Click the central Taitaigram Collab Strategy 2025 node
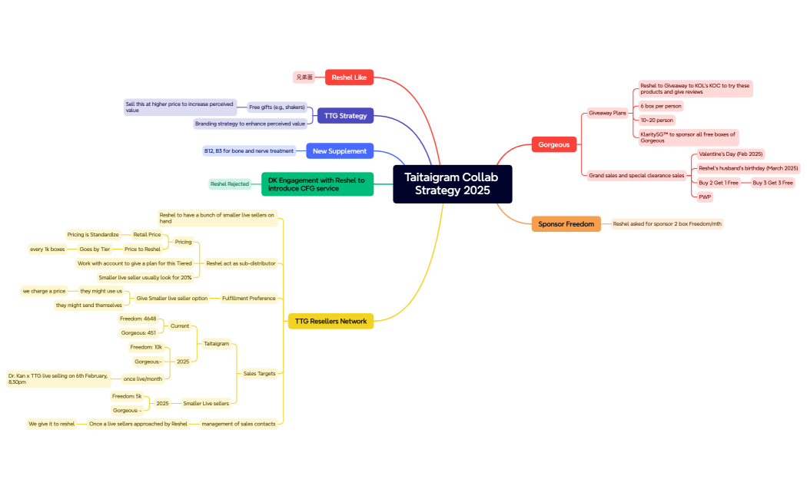pyautogui.click(x=452, y=184)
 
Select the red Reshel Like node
pyautogui.click(x=349, y=78)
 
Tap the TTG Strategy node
pyautogui.click(x=345, y=116)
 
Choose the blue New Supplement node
pyautogui.click(x=340, y=151)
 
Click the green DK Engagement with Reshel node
pyautogui.click(x=317, y=184)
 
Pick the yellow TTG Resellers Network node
pyautogui.click(x=330, y=321)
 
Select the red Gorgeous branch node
pyautogui.click(x=553, y=144)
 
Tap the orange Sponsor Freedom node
pyautogui.click(x=566, y=223)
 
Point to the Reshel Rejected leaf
pyautogui.click(x=230, y=184)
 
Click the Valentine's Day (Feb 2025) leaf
pyautogui.click(x=730, y=154)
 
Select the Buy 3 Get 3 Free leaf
pyautogui.click(x=772, y=183)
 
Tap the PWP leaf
pyautogui.click(x=705, y=197)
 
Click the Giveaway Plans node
pyautogui.click(x=607, y=113)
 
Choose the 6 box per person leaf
pyautogui.click(x=661, y=106)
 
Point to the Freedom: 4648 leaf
pyautogui.click(x=138, y=319)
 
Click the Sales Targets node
pyautogui.click(x=259, y=374)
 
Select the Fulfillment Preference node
pyautogui.click(x=248, y=298)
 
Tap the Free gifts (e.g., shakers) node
pyautogui.click(x=277, y=107)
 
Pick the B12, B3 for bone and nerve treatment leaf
pyautogui.click(x=249, y=151)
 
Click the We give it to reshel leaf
pyautogui.click(x=51, y=424)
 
